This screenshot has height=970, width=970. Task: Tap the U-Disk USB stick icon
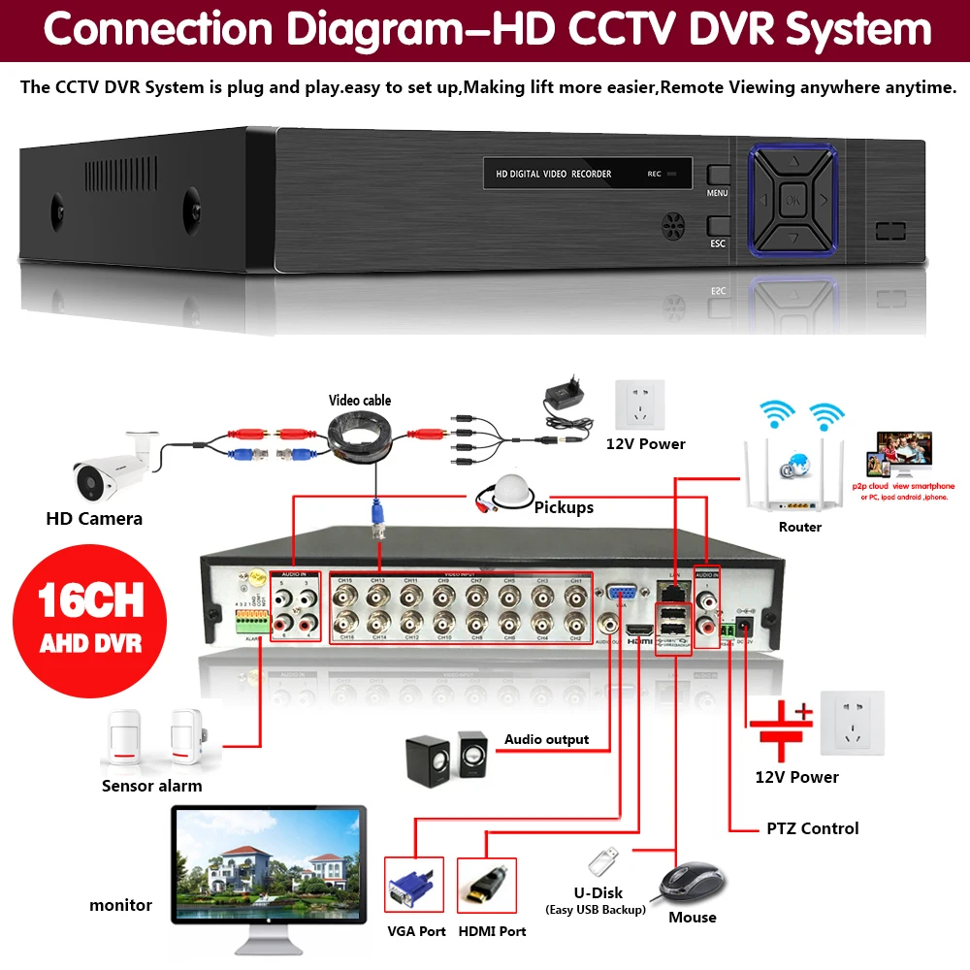point(601,861)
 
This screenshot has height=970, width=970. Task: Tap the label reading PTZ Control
point(812,828)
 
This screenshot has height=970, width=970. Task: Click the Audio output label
point(546,739)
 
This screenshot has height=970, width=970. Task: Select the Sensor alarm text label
point(152,786)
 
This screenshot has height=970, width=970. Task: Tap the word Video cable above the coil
point(360,401)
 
